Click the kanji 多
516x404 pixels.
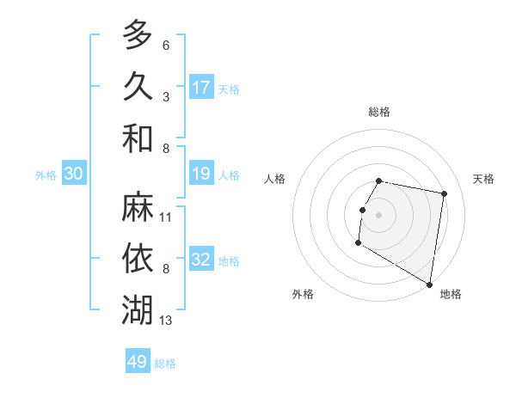(x=138, y=35)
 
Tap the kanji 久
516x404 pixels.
(x=138, y=86)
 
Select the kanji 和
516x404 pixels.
(x=138, y=138)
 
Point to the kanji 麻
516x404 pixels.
(x=138, y=207)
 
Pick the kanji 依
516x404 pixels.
(x=138, y=259)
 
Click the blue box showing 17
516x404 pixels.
(x=201, y=87)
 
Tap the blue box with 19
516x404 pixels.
(x=201, y=174)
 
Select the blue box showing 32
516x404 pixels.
(x=201, y=260)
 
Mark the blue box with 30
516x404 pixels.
(x=74, y=174)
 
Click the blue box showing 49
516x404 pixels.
(x=138, y=362)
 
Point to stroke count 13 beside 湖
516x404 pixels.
(x=166, y=321)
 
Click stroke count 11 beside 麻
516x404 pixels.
(x=166, y=217)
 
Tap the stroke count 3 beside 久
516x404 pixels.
(x=165, y=96)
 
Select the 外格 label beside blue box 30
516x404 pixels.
(x=46, y=174)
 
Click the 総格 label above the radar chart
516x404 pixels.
(x=379, y=112)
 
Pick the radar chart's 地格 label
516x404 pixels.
(x=451, y=294)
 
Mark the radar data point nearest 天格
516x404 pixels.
(x=445, y=194)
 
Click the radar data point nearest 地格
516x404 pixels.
(x=430, y=285)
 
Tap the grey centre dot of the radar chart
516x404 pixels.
(x=378, y=215)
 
